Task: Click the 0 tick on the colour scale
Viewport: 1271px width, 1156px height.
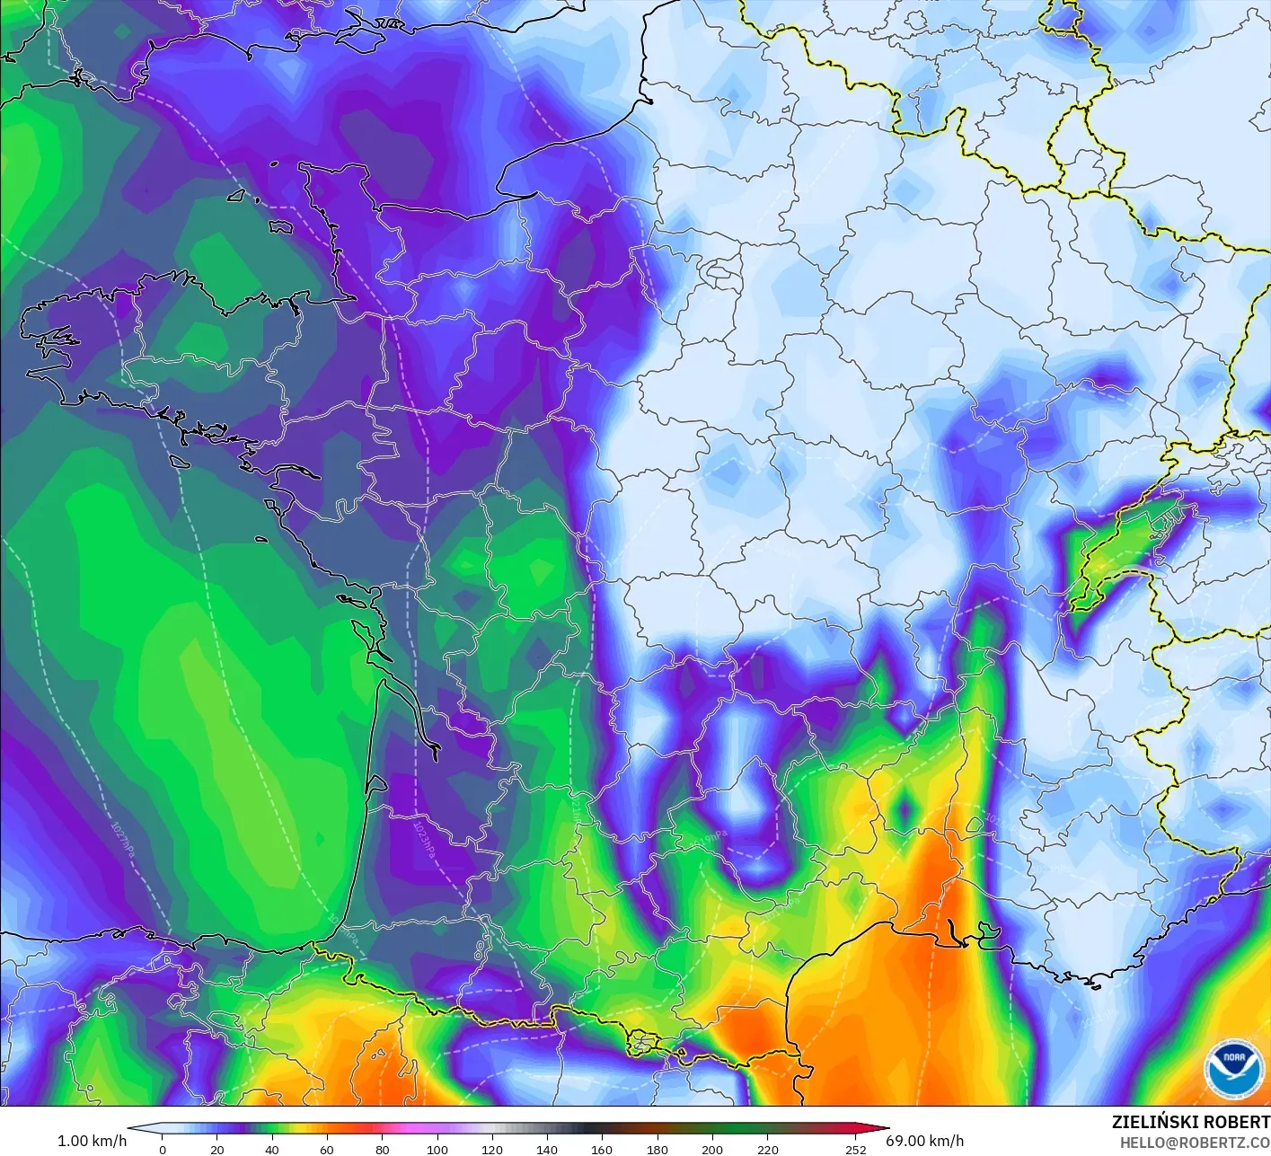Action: pyautogui.click(x=162, y=1149)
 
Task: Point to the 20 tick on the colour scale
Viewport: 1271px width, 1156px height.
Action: pyautogui.click(x=216, y=1149)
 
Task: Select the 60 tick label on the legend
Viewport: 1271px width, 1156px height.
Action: pyautogui.click(x=327, y=1149)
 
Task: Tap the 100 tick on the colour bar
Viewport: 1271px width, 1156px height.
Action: pyautogui.click(x=437, y=1149)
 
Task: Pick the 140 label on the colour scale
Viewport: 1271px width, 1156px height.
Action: pyautogui.click(x=547, y=1149)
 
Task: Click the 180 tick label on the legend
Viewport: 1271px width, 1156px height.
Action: pyautogui.click(x=658, y=1149)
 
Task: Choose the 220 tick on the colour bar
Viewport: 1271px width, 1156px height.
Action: pyautogui.click(x=767, y=1149)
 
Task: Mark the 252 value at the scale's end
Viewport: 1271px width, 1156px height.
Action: pyautogui.click(x=855, y=1149)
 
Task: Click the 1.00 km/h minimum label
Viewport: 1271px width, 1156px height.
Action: pyautogui.click(x=92, y=1141)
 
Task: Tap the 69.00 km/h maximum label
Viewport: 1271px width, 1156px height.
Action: pyautogui.click(x=924, y=1141)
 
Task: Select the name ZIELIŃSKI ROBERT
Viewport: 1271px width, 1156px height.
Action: pyautogui.click(x=1190, y=1122)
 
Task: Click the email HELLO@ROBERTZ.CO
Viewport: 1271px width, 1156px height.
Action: pyautogui.click(x=1195, y=1143)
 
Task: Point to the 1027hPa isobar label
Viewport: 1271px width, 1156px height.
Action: pyautogui.click(x=122, y=840)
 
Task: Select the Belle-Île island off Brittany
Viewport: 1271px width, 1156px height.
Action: pyautogui.click(x=178, y=461)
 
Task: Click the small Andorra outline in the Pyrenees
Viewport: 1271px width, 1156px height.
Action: pyautogui.click(x=642, y=1043)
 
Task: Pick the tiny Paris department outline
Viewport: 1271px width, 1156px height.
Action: pyautogui.click(x=719, y=269)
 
